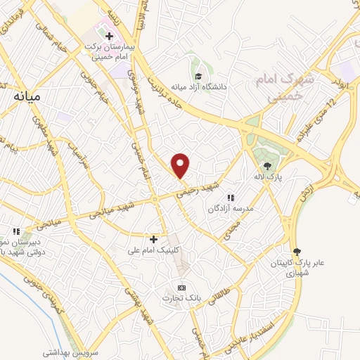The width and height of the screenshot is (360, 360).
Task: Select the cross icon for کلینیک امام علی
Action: point(153,238)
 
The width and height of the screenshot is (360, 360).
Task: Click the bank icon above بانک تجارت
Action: point(181,288)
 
